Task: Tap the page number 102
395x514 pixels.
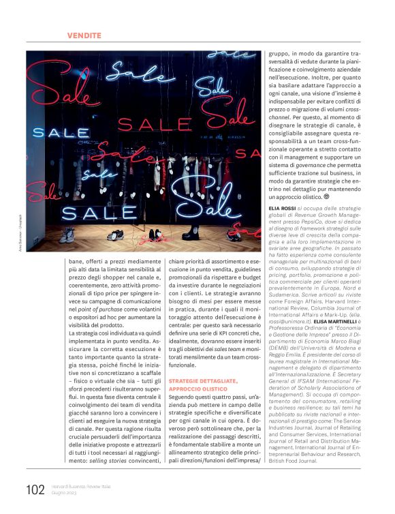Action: [35, 490]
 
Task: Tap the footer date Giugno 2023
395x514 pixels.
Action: [65, 494]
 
